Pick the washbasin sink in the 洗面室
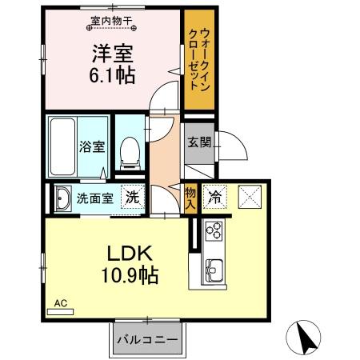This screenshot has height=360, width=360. click(x=62, y=198)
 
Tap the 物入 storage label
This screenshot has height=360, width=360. click(x=190, y=196)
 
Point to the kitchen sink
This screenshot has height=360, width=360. click(x=214, y=268)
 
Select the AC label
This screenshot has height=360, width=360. click(x=59, y=303)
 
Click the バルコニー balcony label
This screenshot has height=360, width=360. click(x=146, y=339)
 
